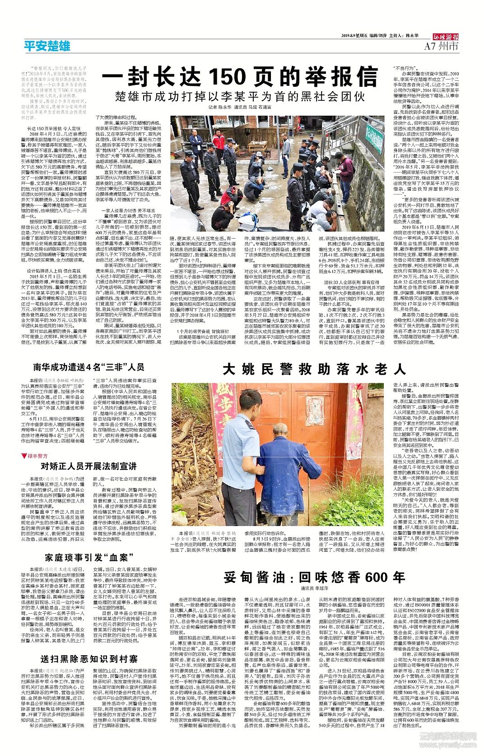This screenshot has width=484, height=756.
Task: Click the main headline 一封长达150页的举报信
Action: point(239,76)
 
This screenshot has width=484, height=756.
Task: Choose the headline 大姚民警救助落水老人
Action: point(314,369)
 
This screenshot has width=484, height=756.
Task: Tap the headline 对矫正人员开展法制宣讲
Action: point(88,466)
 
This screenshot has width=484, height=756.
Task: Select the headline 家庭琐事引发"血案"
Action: point(89,557)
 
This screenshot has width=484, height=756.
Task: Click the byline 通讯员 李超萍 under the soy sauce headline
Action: point(314,589)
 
